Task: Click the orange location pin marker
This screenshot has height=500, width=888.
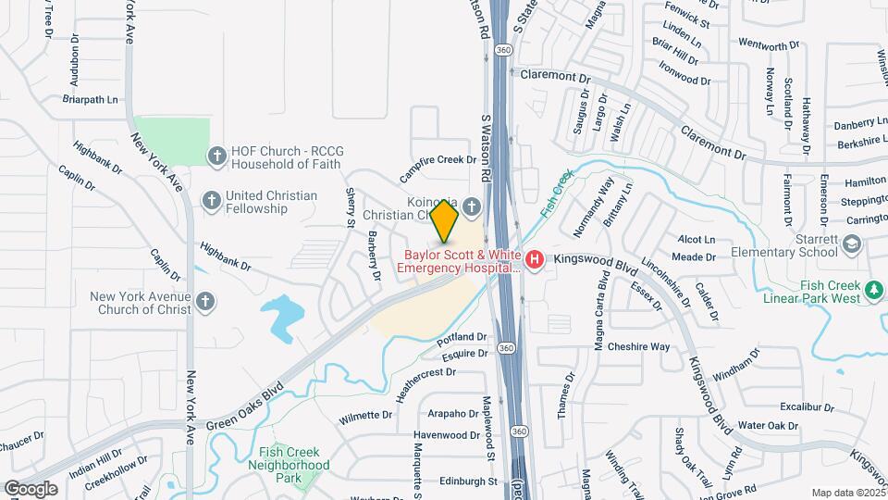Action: [x=445, y=220]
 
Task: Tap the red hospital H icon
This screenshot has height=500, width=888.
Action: [x=534, y=261]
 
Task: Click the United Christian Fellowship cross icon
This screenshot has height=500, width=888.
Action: [x=212, y=200]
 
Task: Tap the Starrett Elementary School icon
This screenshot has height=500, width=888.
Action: [x=852, y=244]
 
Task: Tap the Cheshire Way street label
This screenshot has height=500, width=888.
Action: [x=638, y=347]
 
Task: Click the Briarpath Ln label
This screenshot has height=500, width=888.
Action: [x=91, y=99]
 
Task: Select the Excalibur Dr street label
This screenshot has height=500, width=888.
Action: [x=801, y=406]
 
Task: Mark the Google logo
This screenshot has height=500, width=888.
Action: [x=31, y=488]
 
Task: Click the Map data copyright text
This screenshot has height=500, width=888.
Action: [x=848, y=493]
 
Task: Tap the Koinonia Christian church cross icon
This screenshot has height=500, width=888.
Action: [x=474, y=206]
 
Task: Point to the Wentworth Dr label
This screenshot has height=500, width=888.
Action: [x=768, y=45]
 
